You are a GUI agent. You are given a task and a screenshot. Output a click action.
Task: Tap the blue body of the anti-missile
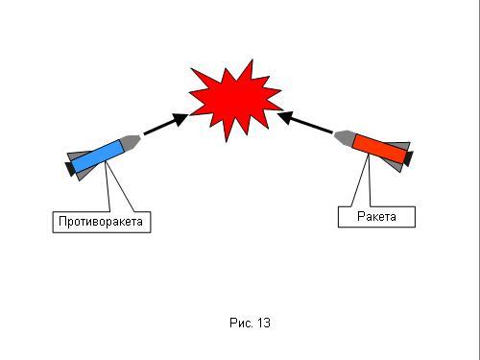(x=98, y=156)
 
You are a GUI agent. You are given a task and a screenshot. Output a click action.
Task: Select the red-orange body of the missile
(x=380, y=149)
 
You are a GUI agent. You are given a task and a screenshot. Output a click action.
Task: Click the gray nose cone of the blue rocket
(x=131, y=142)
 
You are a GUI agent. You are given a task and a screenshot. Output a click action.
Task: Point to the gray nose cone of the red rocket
(x=344, y=138)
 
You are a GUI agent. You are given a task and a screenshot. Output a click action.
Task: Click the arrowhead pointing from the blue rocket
(x=180, y=119)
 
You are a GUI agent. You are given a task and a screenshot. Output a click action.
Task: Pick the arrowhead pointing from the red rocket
(x=285, y=116)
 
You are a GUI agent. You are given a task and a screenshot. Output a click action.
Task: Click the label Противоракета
(x=101, y=222)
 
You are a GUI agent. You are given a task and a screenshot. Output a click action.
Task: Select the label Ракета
(x=376, y=217)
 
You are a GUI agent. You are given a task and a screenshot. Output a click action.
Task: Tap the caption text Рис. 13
(x=250, y=323)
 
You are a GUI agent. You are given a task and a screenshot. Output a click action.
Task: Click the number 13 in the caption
(x=264, y=323)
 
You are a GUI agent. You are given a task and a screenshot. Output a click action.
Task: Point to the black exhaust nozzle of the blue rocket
(x=70, y=169)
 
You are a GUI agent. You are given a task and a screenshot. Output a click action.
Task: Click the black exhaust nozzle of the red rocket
(x=408, y=158)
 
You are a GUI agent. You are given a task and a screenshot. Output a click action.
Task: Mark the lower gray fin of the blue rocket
(x=84, y=175)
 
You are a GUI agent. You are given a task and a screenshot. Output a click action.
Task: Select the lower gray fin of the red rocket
(x=396, y=166)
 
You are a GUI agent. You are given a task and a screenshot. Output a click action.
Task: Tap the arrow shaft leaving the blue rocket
(x=159, y=128)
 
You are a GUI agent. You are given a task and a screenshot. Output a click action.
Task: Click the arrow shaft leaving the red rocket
(x=311, y=125)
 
